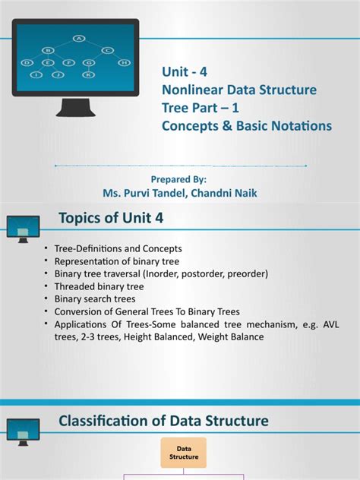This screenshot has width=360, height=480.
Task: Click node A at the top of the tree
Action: (x=78, y=37)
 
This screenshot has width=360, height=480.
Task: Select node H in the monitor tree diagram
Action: (x=125, y=62)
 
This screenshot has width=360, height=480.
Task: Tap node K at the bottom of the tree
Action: (x=90, y=74)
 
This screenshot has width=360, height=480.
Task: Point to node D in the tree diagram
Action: (x=28, y=62)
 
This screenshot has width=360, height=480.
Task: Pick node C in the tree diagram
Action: (x=109, y=50)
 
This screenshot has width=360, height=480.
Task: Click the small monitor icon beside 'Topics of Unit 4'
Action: (x=23, y=226)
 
